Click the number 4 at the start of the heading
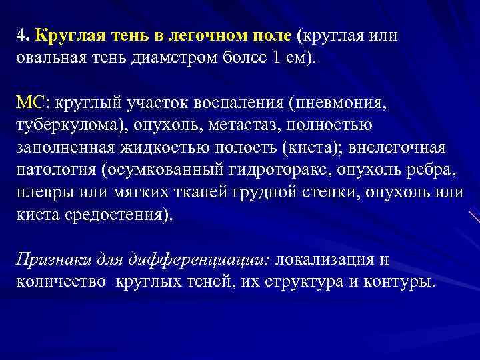21,35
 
